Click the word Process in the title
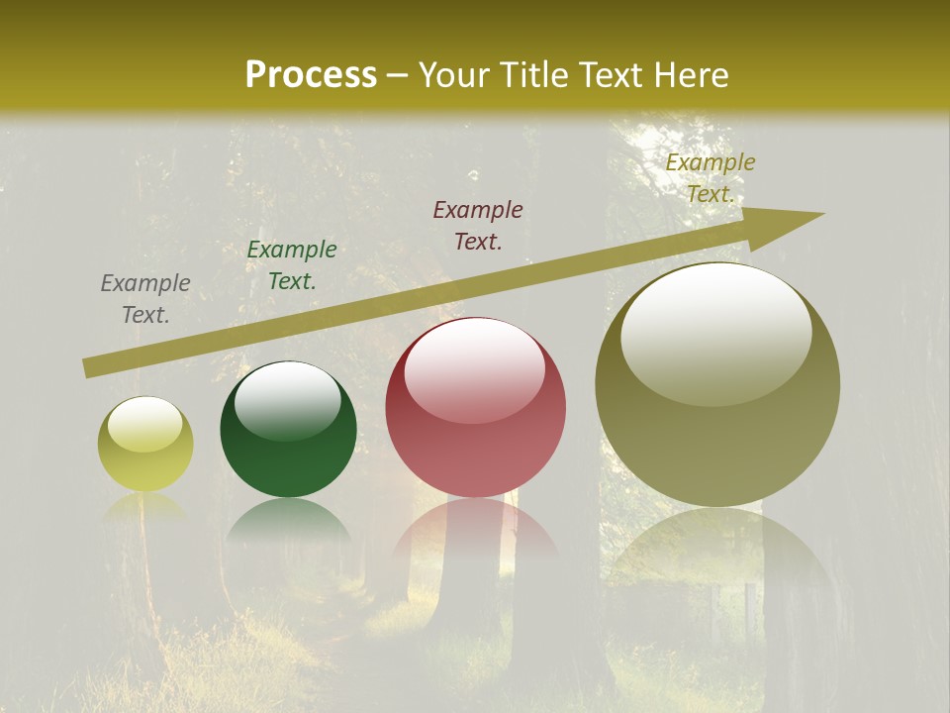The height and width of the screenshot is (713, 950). click(311, 75)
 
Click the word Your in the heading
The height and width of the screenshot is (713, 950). click(454, 75)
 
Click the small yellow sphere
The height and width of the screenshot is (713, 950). click(145, 445)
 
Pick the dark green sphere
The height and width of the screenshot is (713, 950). click(288, 430)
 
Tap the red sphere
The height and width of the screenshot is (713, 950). click(475, 408)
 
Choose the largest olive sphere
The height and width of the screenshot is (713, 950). click(717, 385)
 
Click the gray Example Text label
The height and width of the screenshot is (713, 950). click(145, 299)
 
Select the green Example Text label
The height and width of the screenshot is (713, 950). click(292, 265)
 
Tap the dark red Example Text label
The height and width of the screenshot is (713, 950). click(478, 225)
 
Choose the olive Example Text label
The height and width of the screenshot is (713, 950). click(711, 178)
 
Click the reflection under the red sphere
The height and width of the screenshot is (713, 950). click(475, 530)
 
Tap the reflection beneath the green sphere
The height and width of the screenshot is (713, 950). click(288, 521)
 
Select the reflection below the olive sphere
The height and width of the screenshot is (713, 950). click(717, 550)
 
